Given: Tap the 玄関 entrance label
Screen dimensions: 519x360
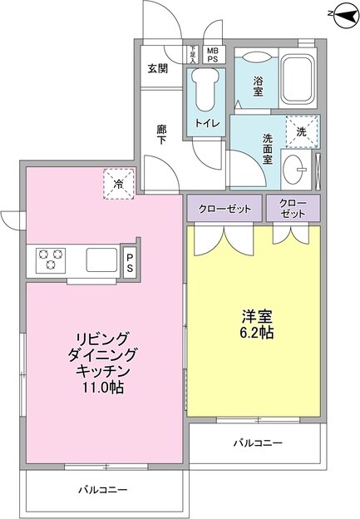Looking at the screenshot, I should [158, 69].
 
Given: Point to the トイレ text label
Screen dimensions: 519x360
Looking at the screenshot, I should [207, 123].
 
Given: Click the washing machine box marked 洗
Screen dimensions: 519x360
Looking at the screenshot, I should [300, 131].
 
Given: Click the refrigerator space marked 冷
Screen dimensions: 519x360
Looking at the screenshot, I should [119, 183].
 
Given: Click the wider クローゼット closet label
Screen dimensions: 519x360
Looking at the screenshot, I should [224, 208].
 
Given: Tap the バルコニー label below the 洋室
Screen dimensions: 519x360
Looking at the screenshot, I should [257, 443].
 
